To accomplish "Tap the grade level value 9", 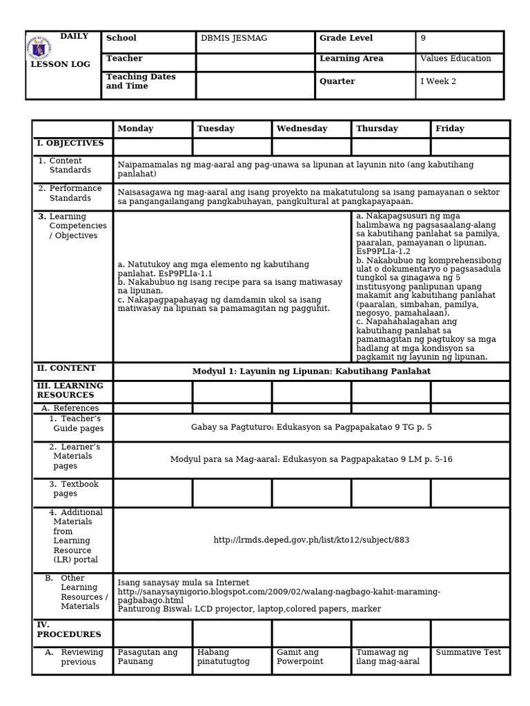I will coord(423,39).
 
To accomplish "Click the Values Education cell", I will coord(455,59).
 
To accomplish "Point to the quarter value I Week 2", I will coord(438,81).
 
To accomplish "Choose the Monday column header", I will coord(135,129).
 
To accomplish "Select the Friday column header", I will coord(450,129).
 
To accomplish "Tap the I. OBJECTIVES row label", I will coord(70,143).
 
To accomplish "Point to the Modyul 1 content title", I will coord(311,371).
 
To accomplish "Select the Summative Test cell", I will coord(469,652).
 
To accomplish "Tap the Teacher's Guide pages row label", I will coord(77,423).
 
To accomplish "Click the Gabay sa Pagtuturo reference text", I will coord(311,427).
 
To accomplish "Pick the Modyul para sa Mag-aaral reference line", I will coord(311,459).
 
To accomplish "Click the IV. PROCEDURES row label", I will coord(69,629).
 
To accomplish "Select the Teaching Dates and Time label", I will coord(141,81).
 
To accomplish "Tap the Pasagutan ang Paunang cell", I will coord(148,657).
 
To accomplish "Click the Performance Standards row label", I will coord(75,193).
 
